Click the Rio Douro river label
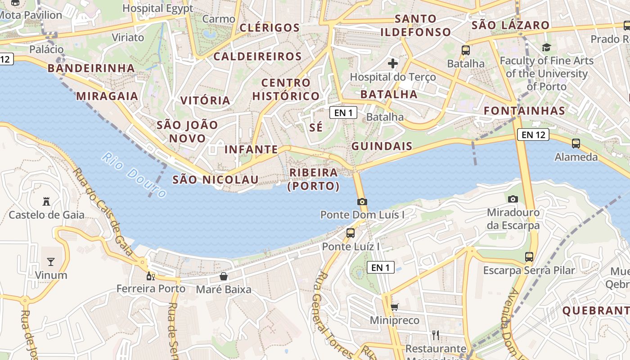click(134, 175)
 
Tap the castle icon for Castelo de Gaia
click(46, 201)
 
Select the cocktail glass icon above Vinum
click(50, 261)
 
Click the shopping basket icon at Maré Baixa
click(223, 276)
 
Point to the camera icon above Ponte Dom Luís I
click(362, 202)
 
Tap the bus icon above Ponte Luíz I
click(351, 233)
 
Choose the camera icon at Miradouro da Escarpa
click(513, 199)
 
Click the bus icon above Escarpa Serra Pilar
click(529, 257)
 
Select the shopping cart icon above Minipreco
click(394, 307)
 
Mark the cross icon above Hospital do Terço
click(393, 63)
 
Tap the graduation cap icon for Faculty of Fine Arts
click(546, 47)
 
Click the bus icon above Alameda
click(576, 144)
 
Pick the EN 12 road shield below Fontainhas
click(533, 134)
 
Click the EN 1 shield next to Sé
click(343, 112)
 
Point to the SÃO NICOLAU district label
click(216, 180)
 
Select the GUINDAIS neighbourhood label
click(382, 146)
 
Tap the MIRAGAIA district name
click(107, 96)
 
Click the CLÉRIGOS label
click(270, 28)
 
